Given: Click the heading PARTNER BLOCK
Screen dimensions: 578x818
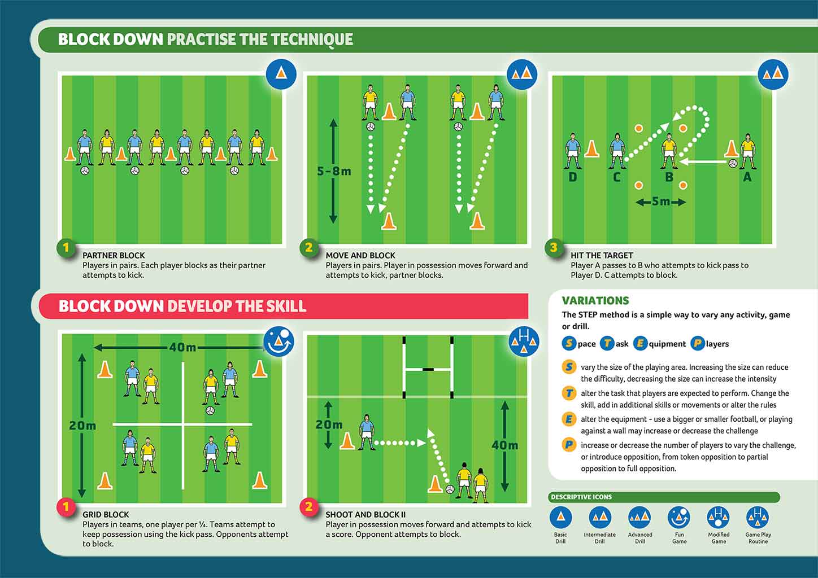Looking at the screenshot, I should pos(114,255).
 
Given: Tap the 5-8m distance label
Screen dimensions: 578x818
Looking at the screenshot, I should pos(334,171).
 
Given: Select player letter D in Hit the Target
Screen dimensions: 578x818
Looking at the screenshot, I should pos(573,177).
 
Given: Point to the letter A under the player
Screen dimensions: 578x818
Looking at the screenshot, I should pos(747,177).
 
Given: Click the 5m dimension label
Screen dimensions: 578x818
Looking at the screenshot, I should pos(660,202).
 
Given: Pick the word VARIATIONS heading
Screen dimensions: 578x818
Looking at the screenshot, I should pos(595,301).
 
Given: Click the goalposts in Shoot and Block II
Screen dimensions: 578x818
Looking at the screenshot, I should pos(428,367).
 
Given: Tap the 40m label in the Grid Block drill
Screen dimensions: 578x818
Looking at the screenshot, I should pos(182,347).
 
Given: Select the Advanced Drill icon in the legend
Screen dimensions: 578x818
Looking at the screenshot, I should pos(639,517).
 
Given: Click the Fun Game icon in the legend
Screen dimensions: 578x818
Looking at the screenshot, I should pos(679,517).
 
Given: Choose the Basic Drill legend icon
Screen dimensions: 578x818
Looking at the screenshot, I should pos(560,517).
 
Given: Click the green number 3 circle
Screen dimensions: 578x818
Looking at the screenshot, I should pos(554,247).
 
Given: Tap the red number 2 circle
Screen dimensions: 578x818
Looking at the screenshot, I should pos(308,507).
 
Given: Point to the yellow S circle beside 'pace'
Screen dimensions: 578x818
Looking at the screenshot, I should pos(569,343).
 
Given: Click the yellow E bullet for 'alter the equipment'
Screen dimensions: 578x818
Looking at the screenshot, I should pos(569,419).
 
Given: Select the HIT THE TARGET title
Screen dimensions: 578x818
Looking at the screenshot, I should pos(602,255).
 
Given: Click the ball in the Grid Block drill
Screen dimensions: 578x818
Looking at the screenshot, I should pos(210,410).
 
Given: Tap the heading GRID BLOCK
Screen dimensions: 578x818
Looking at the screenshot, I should pos(106,515).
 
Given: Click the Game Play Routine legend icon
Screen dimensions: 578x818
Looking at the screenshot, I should pos(758,517).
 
